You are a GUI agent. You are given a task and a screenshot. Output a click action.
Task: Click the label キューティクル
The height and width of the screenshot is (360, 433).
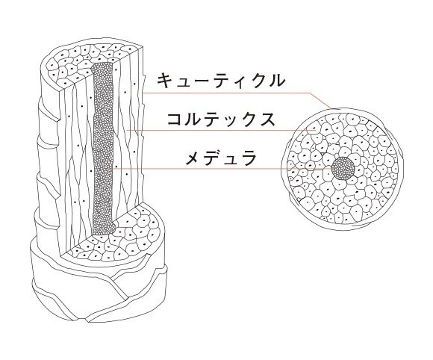[x=221, y=81]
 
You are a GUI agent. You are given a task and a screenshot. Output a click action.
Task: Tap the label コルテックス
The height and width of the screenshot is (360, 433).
[x=221, y=120]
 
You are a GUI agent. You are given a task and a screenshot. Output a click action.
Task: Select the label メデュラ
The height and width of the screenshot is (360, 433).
[x=221, y=158]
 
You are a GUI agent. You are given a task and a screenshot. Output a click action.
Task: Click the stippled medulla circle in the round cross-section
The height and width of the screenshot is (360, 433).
[x=343, y=168]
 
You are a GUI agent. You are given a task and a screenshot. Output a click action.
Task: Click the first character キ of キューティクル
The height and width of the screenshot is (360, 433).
[x=166, y=81]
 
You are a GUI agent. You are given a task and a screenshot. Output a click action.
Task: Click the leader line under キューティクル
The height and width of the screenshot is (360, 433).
[x=237, y=94]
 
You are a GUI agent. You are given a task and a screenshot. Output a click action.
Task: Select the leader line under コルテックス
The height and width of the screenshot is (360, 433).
[x=219, y=131]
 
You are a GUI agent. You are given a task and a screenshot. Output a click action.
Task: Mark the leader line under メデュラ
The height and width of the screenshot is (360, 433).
[x=221, y=168]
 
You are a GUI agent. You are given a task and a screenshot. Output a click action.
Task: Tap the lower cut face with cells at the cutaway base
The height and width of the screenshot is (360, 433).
[x=116, y=238]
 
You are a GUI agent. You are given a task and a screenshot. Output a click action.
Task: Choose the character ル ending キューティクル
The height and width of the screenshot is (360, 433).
[x=276, y=81]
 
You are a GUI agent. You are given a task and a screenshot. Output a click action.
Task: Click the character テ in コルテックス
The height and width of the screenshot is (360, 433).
[x=212, y=120]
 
